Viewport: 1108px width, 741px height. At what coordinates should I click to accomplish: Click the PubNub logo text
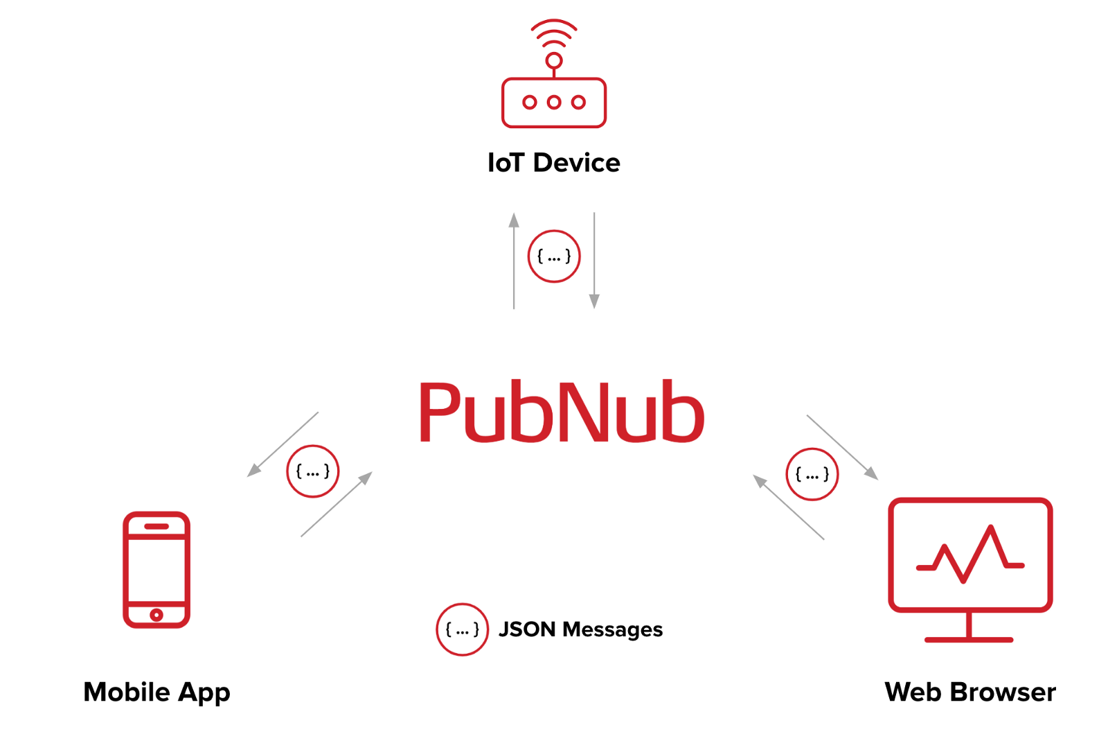(562, 412)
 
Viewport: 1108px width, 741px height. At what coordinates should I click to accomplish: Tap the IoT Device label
(554, 163)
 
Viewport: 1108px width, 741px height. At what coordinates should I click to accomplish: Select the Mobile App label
(157, 692)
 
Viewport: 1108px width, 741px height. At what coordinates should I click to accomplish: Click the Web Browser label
(969, 692)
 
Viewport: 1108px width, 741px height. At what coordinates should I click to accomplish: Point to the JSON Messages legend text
(580, 629)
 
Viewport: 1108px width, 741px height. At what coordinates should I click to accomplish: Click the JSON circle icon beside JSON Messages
(462, 629)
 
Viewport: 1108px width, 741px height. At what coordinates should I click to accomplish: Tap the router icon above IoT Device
(554, 103)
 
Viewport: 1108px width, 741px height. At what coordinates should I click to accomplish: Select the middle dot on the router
(554, 103)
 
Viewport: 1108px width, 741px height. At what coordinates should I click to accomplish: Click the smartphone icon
(157, 569)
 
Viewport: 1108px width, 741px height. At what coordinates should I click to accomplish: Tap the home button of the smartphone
(157, 615)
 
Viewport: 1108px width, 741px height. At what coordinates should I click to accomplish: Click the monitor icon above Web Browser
(969, 555)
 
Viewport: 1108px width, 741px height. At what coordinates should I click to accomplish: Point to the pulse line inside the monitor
(969, 555)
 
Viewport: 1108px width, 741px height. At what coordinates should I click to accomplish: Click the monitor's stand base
(969, 639)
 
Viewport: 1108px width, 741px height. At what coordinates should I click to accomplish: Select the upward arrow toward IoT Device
(514, 260)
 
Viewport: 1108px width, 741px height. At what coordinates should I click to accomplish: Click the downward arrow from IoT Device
(594, 260)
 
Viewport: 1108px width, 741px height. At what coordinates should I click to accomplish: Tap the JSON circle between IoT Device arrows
(554, 256)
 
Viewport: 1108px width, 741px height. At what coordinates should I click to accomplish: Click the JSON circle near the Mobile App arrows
(313, 471)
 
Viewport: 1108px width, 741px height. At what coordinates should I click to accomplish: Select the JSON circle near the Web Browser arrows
(812, 475)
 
